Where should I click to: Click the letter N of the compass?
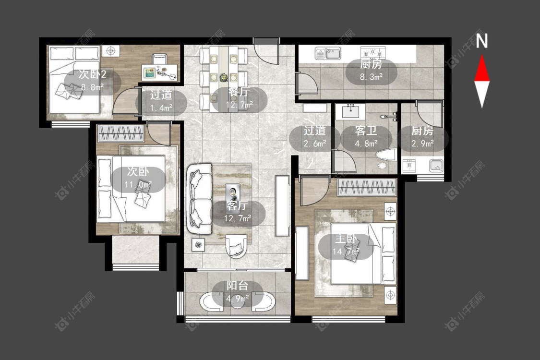pyautogui.click(x=482, y=40)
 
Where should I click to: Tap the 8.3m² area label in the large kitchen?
pyautogui.click(x=371, y=76)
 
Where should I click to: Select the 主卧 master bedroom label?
pyautogui.click(x=346, y=239)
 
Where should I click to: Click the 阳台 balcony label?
pyautogui.click(x=237, y=286)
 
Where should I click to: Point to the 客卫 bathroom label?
pyautogui.click(x=366, y=131)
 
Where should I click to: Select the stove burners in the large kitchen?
pyautogui.click(x=373, y=53)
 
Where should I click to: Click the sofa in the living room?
pyautogui.click(x=200, y=199)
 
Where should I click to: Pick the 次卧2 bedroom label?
pyautogui.click(x=92, y=74)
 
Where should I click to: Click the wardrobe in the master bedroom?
pyautogui.click(x=367, y=187)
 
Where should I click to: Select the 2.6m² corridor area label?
pyautogui.click(x=315, y=144)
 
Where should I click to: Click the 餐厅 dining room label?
pyautogui.click(x=239, y=92)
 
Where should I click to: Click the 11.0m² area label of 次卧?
pyautogui.click(x=138, y=185)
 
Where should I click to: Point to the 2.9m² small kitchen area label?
pyautogui.click(x=422, y=144)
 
